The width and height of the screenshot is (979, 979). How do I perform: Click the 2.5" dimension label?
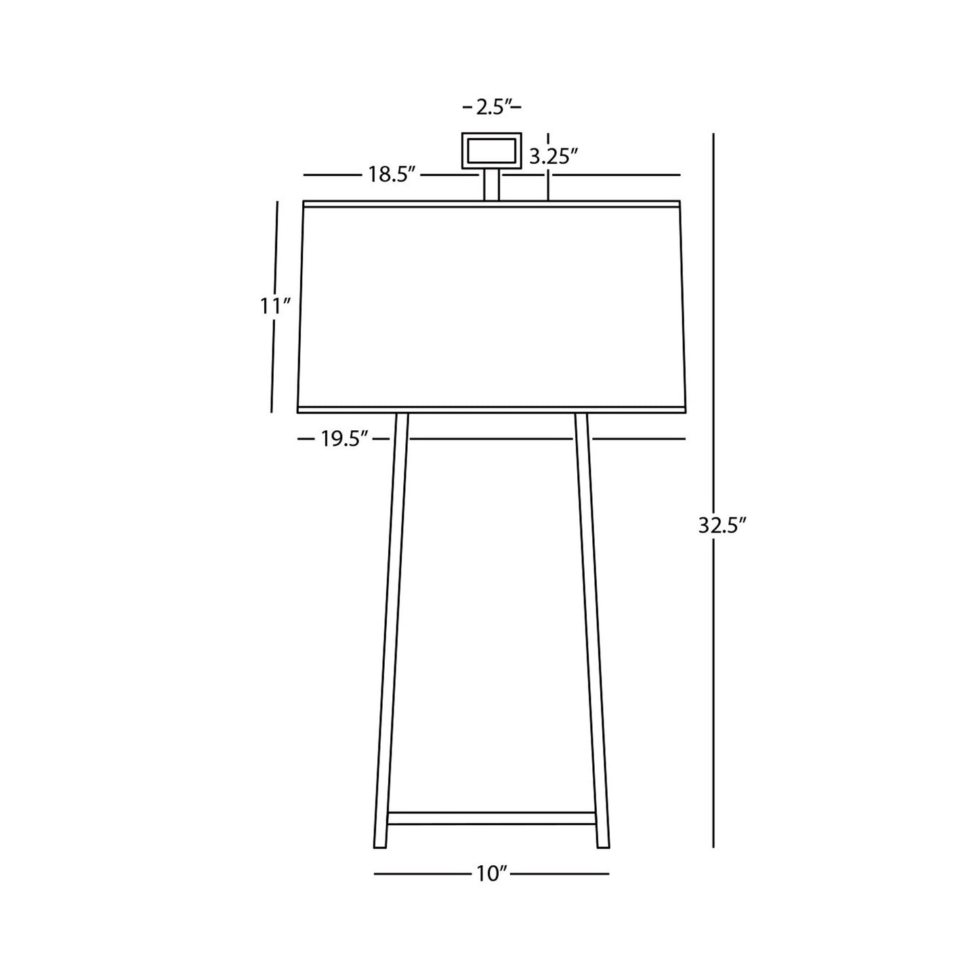tap(492, 108)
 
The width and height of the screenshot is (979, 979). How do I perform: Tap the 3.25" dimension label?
tap(554, 158)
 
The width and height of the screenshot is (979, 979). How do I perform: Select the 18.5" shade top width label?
tap(391, 175)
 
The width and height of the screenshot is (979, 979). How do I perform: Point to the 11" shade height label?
tap(275, 306)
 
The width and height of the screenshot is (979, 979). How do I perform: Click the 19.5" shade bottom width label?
tap(344, 440)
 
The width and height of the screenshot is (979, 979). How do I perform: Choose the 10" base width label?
tap(492, 874)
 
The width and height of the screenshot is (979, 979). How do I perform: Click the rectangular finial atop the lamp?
tap(491, 150)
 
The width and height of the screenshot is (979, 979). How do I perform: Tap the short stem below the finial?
tap(491, 184)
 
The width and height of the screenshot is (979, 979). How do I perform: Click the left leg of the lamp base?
tap(392, 630)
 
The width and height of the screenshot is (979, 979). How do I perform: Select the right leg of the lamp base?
tap(592, 630)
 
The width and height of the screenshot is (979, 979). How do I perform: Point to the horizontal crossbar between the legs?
tap(491, 818)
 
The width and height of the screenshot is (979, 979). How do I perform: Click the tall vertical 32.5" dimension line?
tap(713, 339)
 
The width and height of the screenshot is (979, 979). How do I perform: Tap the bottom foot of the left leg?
tap(381, 840)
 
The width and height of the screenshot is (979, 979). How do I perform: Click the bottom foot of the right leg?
tap(602, 840)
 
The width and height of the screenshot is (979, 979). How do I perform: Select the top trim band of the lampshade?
tap(491, 204)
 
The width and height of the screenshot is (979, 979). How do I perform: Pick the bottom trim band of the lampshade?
tap(491, 409)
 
